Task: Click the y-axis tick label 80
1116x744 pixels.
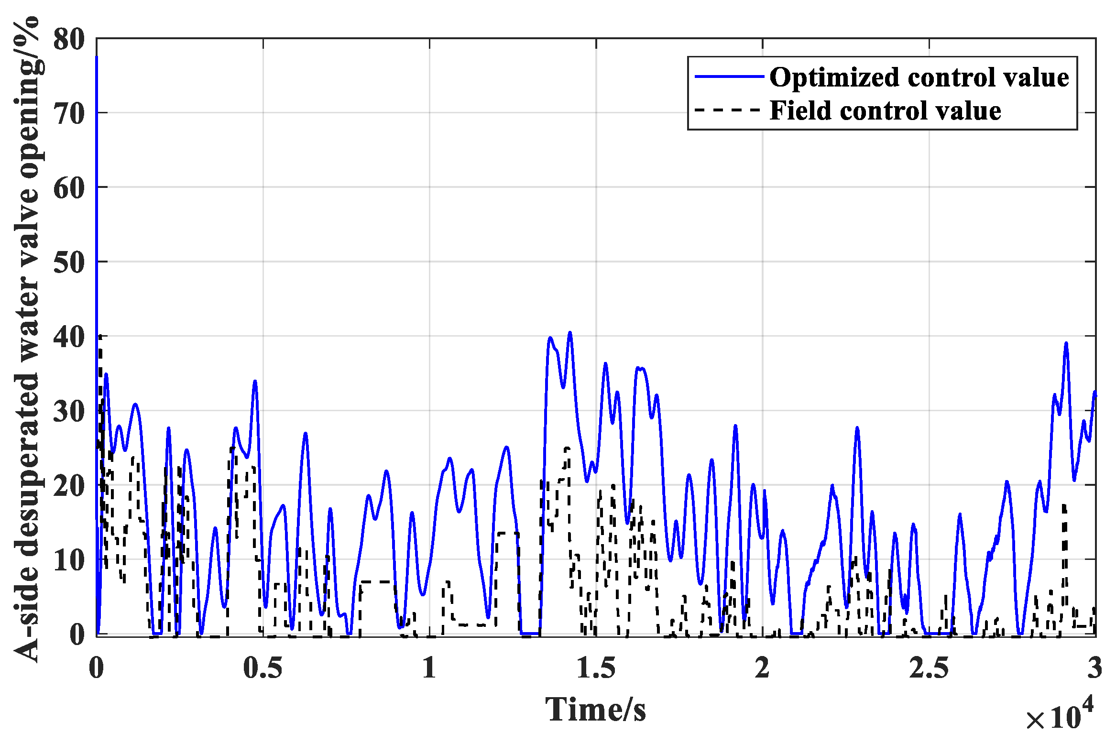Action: [x=69, y=39]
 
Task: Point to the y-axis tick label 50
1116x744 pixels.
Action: [x=69, y=263]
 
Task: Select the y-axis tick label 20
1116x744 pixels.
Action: [x=69, y=486]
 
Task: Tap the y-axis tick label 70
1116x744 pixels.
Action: [x=69, y=114]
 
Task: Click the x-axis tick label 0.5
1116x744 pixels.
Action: [x=263, y=667]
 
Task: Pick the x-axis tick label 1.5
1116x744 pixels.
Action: [x=596, y=667]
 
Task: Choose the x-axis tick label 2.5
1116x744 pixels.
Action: [x=929, y=667]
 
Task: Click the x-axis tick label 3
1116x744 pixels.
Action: [x=1094, y=667]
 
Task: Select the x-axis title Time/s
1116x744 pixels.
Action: [x=595, y=709]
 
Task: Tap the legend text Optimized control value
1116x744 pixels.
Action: [x=919, y=77]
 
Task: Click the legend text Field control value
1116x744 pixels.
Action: [x=885, y=110]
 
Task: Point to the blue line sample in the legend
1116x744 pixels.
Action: [x=729, y=77]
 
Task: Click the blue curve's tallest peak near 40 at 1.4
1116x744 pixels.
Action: [x=569, y=333]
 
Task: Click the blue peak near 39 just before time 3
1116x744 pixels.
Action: [x=1066, y=343]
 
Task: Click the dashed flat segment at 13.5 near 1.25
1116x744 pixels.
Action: [x=507, y=533]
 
